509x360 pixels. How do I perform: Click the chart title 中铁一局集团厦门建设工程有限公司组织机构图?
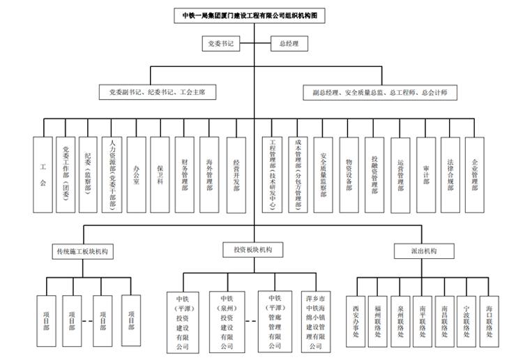coord(254,14)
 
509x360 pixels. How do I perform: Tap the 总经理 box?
coord(289,44)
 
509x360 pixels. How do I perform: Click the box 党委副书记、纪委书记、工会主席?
coord(157,91)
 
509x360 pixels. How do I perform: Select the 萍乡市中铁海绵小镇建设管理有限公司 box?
coord(319,322)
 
